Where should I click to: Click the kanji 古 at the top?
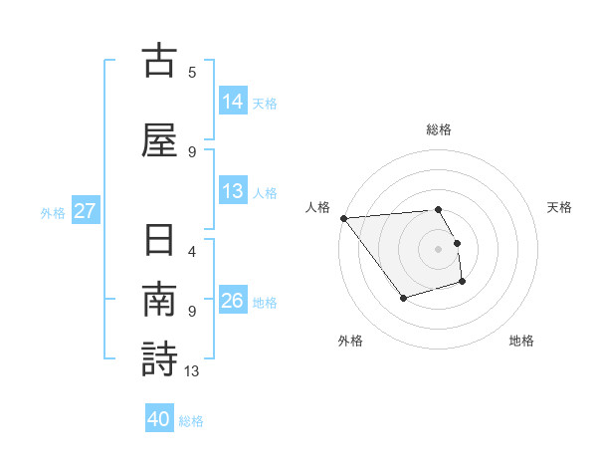[158, 61]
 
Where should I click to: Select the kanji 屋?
[158, 140]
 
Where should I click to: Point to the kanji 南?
[158, 300]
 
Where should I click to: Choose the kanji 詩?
[158, 359]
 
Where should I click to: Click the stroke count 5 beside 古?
[192, 72]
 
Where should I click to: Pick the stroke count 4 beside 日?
[192, 251]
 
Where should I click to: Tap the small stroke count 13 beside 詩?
[192, 370]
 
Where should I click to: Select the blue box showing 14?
[233, 102]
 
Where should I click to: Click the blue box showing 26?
[233, 301]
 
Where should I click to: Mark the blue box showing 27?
[85, 211]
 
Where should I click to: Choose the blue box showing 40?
[159, 419]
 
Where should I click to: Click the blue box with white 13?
[233, 191]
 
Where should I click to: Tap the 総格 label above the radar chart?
[439, 129]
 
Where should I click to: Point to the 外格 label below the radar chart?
[350, 341]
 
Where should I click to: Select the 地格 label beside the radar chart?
[521, 341]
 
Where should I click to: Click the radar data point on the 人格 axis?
[343, 218]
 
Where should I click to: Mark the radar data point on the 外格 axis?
[403, 298]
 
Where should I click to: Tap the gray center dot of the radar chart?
[439, 248]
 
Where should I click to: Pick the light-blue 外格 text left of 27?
[53, 212]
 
